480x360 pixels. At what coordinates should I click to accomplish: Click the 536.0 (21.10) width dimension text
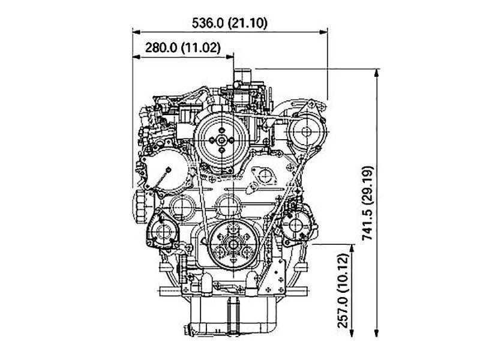coord(230,23)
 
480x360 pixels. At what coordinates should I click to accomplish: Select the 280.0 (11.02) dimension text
coord(183,47)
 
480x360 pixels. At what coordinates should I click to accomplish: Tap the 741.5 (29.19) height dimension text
coord(368,203)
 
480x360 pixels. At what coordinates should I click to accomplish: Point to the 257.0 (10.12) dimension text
coord(343,290)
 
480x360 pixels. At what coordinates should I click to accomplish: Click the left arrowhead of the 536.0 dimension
coord(137,32)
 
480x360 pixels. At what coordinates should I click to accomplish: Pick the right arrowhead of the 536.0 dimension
coord(323,32)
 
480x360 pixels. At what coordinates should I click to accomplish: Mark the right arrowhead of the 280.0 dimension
coord(230,56)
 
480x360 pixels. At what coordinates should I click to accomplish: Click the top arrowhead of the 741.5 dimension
coord(377,73)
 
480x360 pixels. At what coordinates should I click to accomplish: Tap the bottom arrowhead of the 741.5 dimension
coord(377,333)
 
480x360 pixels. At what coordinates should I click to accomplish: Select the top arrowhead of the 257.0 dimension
coord(352,248)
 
